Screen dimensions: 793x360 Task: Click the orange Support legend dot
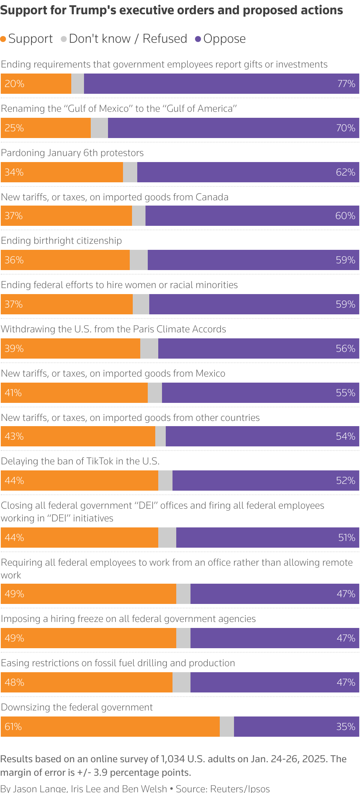[3, 39]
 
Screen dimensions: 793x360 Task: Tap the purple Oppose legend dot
[198, 39]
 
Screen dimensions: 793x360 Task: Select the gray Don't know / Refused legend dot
[64, 39]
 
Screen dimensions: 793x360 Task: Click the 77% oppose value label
[346, 84]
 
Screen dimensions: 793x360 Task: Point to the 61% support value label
[13, 727]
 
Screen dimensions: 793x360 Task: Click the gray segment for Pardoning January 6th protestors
[130, 172]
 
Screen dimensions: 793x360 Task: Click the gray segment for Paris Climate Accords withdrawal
[149, 348]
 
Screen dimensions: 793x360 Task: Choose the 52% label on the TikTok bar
[345, 481]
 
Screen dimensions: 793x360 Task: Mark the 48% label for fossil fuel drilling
[14, 682]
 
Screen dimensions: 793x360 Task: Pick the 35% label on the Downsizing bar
[345, 727]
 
